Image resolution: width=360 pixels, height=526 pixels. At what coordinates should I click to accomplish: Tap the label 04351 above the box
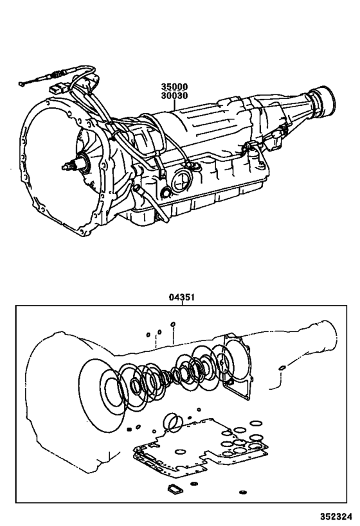tap(182, 297)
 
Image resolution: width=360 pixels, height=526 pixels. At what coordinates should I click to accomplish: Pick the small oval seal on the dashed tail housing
tap(282, 368)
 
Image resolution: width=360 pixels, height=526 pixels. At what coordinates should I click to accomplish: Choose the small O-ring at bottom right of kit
tap(242, 492)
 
